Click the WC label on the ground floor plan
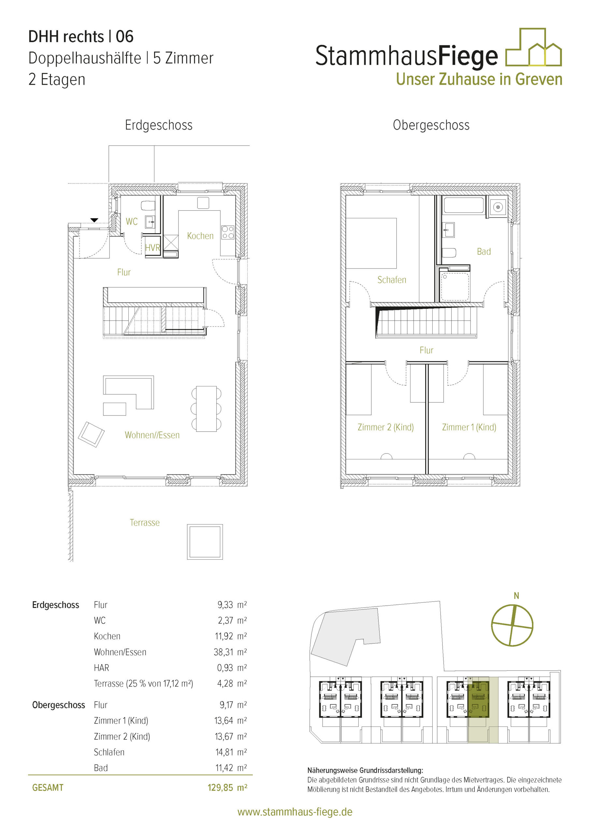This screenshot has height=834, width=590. [x=132, y=222]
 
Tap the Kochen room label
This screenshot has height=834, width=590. [x=200, y=236]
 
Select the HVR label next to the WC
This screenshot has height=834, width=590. [x=152, y=248]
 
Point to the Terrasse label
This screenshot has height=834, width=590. [x=145, y=523]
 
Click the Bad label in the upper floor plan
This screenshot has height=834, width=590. [x=483, y=252]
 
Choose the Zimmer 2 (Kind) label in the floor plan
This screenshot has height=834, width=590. [x=385, y=427]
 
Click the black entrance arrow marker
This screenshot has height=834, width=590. [x=94, y=220]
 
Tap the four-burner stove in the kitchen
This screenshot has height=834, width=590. [x=228, y=233]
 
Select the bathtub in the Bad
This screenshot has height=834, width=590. [x=464, y=205]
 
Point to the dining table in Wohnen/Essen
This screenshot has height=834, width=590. [x=206, y=409]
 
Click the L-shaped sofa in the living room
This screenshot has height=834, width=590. [x=129, y=392]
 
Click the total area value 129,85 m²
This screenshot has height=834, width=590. [x=227, y=787]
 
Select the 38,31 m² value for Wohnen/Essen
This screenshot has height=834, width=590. [x=230, y=652]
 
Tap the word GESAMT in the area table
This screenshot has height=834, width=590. [x=48, y=788]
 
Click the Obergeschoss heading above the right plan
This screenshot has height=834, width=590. [x=431, y=125]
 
